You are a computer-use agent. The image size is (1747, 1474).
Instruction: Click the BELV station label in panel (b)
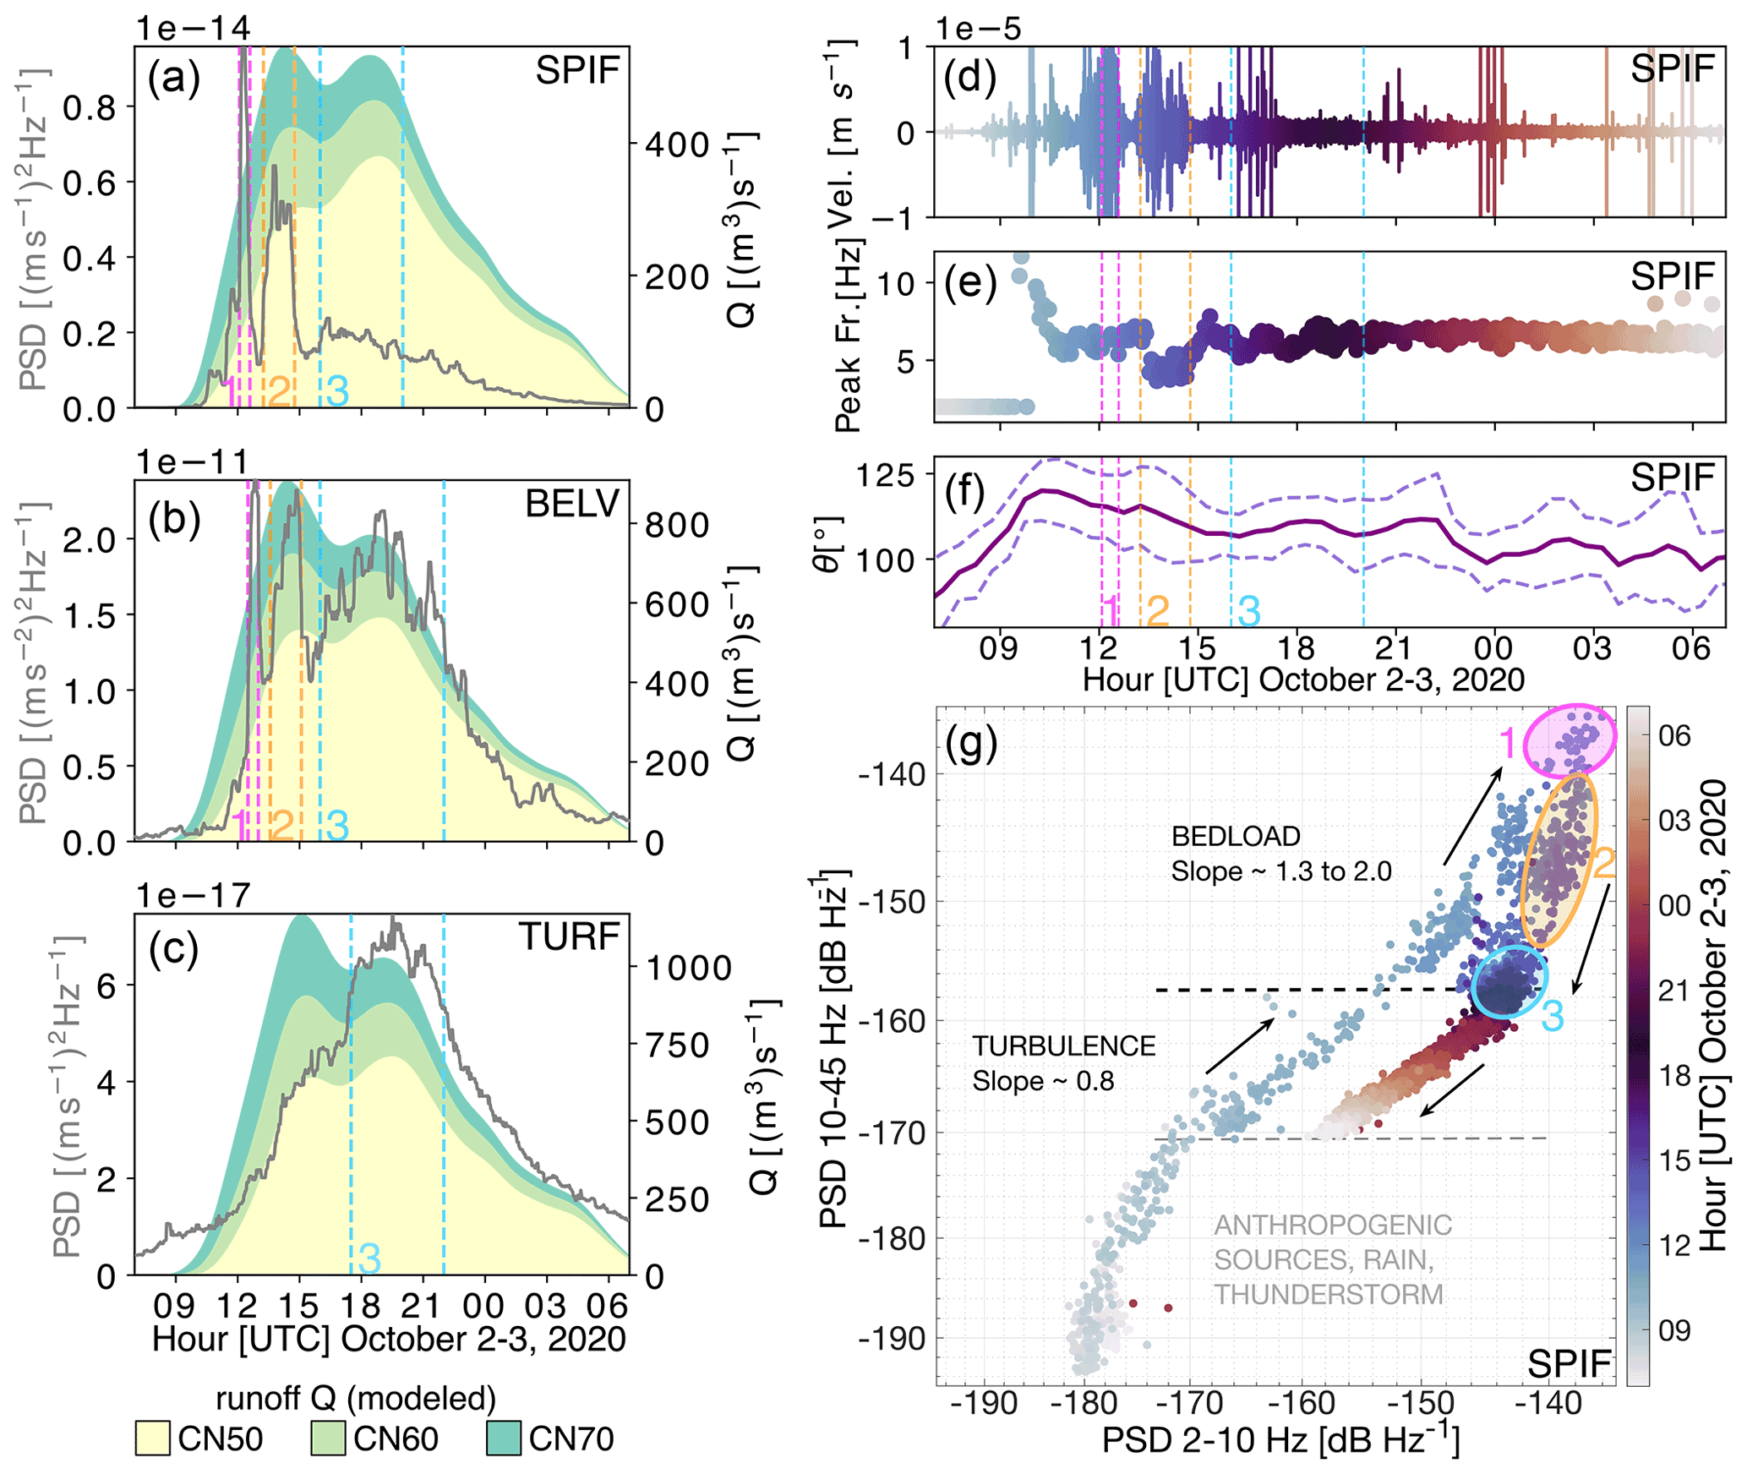(572, 504)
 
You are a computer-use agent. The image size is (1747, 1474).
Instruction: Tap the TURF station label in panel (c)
(570, 936)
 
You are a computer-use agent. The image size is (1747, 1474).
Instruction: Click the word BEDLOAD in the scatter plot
(1236, 836)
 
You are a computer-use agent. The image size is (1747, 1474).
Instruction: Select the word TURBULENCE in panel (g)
(1063, 1046)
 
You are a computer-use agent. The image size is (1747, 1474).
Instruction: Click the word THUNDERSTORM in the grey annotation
(1329, 1294)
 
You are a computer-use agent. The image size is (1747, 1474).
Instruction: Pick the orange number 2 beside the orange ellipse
(1603, 863)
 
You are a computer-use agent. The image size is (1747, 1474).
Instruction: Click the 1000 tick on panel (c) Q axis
(689, 968)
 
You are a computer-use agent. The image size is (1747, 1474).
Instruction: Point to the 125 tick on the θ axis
(885, 476)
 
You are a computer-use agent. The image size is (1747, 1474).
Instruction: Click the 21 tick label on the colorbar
(1674, 991)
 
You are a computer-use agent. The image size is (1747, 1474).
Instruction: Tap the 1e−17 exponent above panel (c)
(194, 895)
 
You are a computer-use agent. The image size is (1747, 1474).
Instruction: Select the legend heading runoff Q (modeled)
(356, 1399)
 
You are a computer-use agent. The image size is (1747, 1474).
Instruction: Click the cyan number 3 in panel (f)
(1248, 610)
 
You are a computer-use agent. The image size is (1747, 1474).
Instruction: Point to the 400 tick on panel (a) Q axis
(677, 145)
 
